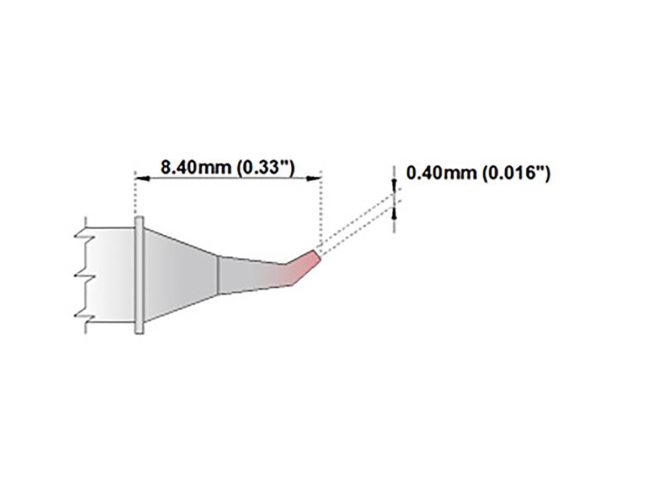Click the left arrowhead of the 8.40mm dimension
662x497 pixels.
[x=140, y=178]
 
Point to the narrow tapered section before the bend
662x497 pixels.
[x=248, y=274]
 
